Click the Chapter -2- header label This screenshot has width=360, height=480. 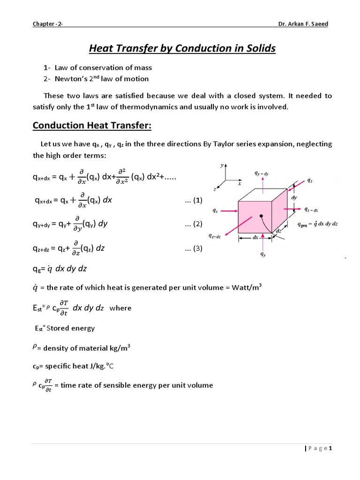coord(47,25)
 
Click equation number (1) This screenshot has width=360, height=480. coord(194,200)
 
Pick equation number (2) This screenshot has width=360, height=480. coord(194,224)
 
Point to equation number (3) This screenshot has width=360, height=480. coord(194,248)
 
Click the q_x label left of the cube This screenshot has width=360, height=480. coord(215,211)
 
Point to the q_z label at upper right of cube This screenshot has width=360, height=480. coord(310,180)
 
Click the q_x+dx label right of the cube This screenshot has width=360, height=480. coord(312,210)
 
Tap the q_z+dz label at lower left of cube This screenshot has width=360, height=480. coord(216,236)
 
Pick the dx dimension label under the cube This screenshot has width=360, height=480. coord(255,237)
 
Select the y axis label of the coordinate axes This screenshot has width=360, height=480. coord(221,166)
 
